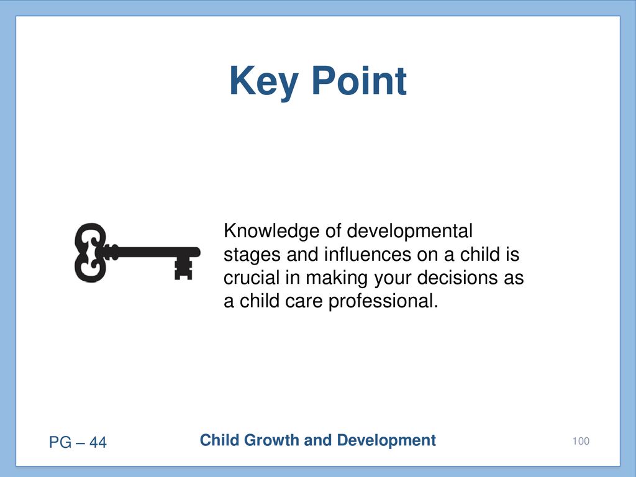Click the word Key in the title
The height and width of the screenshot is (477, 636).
point(264,82)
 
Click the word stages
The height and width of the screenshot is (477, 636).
point(252,255)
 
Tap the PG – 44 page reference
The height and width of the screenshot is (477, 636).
point(78,442)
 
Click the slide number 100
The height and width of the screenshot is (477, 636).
point(581,441)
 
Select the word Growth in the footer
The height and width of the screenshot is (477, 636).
point(271,440)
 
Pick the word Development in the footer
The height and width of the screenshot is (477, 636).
point(386,441)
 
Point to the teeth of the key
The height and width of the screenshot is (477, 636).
point(183,268)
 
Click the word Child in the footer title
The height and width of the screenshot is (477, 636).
point(220,440)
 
